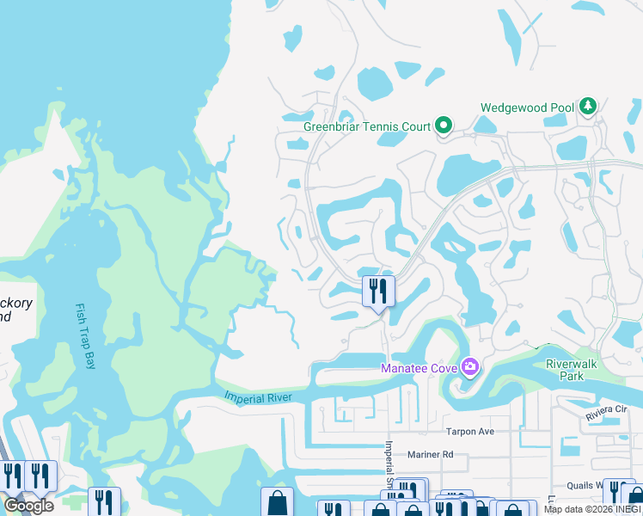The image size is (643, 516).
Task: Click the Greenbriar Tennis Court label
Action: click(x=367, y=126)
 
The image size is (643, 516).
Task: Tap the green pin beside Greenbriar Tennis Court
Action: click(x=444, y=126)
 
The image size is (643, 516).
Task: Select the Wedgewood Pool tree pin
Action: click(x=588, y=107)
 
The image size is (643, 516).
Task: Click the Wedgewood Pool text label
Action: click(x=527, y=107)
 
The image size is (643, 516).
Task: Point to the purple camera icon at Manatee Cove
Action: click(x=469, y=368)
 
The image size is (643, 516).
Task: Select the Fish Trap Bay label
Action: click(x=87, y=336)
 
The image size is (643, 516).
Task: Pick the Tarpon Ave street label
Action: click(x=468, y=432)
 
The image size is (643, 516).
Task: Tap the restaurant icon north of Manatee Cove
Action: click(x=377, y=291)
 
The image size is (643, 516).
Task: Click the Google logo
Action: click(x=28, y=505)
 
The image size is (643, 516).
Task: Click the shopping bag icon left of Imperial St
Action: click(x=277, y=503)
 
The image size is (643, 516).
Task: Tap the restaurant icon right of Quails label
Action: click(x=617, y=493)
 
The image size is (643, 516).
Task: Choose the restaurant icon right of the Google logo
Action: click(x=104, y=502)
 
